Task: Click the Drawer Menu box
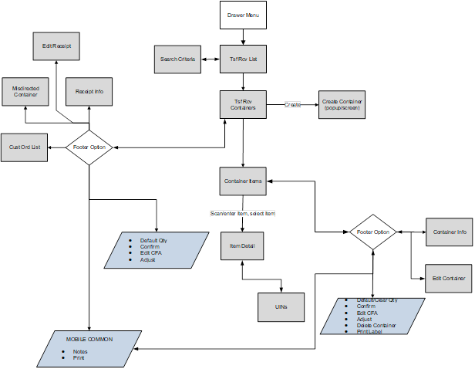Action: click(244, 15)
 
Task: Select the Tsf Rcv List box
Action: click(244, 59)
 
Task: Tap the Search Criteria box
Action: click(177, 59)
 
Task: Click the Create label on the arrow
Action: click(292, 103)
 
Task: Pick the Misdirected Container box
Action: click(25, 92)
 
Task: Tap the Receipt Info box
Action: click(89, 92)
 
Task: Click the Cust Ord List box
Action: click(25, 146)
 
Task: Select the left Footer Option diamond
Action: click(89, 147)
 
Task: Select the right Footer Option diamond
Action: click(372, 232)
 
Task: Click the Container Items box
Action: click(244, 181)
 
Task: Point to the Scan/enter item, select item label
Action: click(243, 213)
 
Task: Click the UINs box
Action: click(281, 306)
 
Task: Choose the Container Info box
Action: click(450, 232)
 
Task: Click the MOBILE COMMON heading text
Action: click(89, 339)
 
